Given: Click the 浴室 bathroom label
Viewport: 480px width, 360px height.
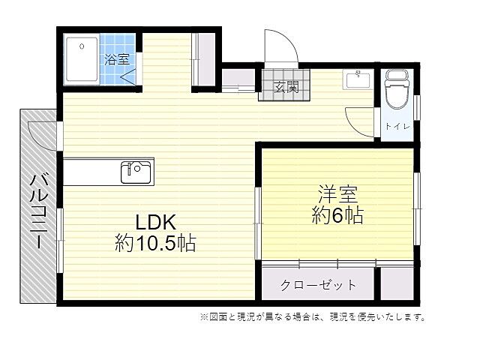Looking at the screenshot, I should pos(118,59).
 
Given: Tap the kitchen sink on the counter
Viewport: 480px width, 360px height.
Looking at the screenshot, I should pos(136,172).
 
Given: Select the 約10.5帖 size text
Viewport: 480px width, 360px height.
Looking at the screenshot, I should pos(155,243).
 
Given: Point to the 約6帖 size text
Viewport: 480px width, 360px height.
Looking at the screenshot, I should pos(337,217).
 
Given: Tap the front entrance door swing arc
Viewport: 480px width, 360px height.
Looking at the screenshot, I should pos(282,46).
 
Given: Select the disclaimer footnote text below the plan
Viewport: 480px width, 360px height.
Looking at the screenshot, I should pos(312,317).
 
